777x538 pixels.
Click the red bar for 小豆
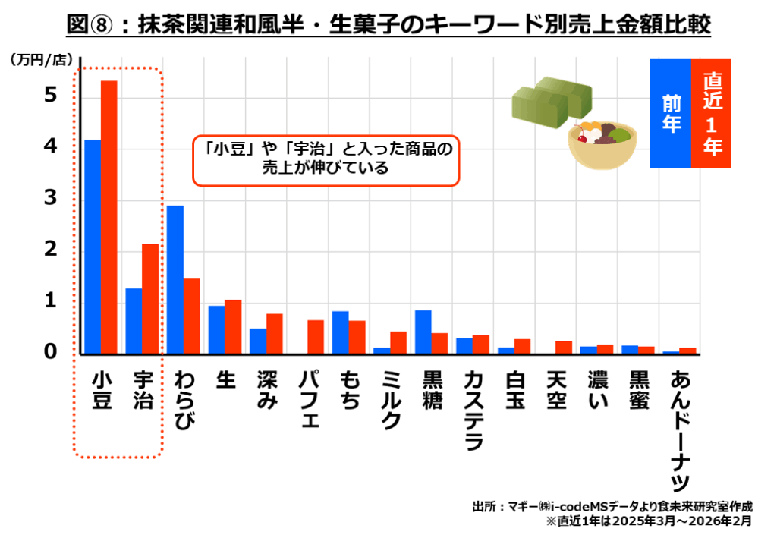coord(109,217)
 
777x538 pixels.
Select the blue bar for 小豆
coord(93,247)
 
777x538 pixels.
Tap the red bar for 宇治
coord(150,299)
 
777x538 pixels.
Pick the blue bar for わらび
coord(175,279)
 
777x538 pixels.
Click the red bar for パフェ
coord(316,337)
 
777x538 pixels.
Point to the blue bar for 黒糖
coord(423,332)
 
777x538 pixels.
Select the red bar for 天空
coord(563,348)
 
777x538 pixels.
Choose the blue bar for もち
coord(341,332)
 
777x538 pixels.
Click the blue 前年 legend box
coord(671,113)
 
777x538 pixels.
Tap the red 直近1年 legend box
coord(712,113)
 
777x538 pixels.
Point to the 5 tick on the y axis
coord(50,95)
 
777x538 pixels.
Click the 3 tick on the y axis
coord(50,198)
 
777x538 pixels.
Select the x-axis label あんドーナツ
coord(680,429)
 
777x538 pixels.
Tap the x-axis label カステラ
coord(473,410)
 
